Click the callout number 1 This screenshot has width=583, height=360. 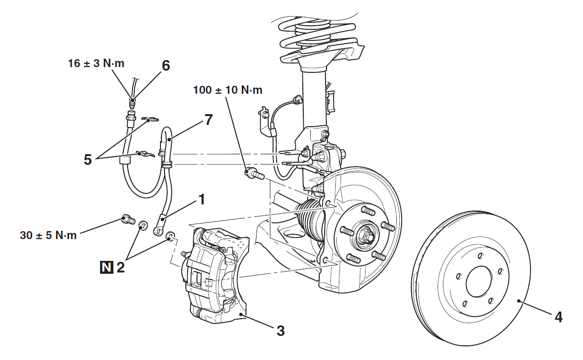click(x=201, y=200)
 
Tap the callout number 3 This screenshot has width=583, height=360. click(x=280, y=330)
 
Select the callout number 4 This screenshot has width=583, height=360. click(x=558, y=317)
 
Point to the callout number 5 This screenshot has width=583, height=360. click(x=88, y=160)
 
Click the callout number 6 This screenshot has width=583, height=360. click(x=165, y=66)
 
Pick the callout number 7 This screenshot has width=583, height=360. click(x=208, y=120)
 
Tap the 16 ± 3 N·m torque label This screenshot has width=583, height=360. click(x=96, y=63)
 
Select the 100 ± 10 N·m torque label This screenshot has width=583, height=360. click(x=228, y=90)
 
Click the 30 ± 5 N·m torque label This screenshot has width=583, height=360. click(x=48, y=235)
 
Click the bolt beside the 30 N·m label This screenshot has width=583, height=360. click(x=127, y=219)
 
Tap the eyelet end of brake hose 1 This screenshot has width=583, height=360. click(x=157, y=230)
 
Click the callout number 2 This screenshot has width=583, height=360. click(x=120, y=268)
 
